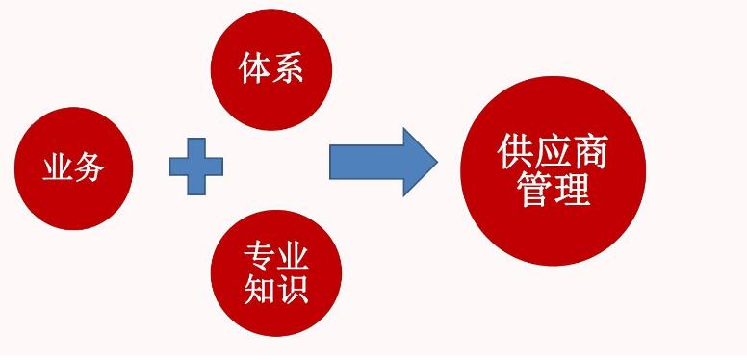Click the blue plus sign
click(x=196, y=167)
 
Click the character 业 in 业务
click(x=58, y=169)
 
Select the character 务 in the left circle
click(x=89, y=169)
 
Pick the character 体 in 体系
click(x=255, y=69)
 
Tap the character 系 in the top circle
click(x=288, y=69)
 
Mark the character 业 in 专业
click(x=293, y=256)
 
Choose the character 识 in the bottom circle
click(x=293, y=288)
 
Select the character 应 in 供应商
click(x=554, y=151)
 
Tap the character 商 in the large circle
click(x=590, y=151)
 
